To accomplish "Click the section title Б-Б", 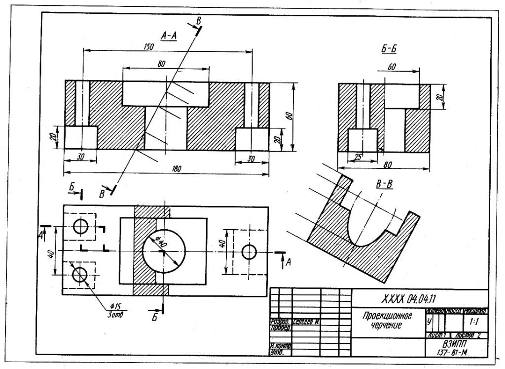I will coord(389,48).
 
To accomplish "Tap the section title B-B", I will coord(384,185).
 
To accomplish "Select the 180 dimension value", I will coord(177,169).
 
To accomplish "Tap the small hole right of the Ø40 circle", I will coord(250,252).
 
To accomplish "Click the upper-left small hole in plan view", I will coord(80,226).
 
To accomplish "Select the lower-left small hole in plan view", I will coord(79,274).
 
